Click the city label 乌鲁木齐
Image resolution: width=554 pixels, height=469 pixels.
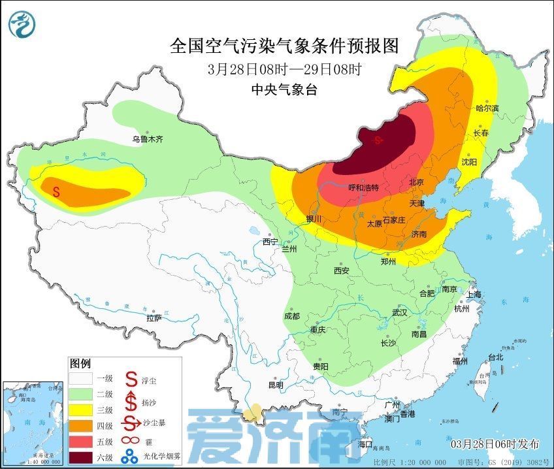click(x=147, y=139)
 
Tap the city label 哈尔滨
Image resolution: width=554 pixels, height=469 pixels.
click(x=487, y=108)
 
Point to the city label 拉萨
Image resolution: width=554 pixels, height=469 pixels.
click(x=154, y=318)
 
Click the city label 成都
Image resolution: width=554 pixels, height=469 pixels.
click(x=292, y=316)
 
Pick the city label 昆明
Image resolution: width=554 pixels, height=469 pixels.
click(x=276, y=385)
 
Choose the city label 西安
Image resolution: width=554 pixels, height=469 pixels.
click(x=342, y=270)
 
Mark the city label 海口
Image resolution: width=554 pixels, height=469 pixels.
click(x=365, y=444)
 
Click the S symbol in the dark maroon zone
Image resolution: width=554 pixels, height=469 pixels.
click(x=378, y=140)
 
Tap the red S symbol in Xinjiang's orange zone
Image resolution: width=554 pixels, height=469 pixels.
click(x=56, y=192)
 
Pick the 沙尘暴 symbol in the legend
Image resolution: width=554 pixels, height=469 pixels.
click(x=132, y=424)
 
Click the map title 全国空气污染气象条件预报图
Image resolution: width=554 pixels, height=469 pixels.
click(x=284, y=46)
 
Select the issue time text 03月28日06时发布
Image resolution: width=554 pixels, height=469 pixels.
click(x=497, y=444)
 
